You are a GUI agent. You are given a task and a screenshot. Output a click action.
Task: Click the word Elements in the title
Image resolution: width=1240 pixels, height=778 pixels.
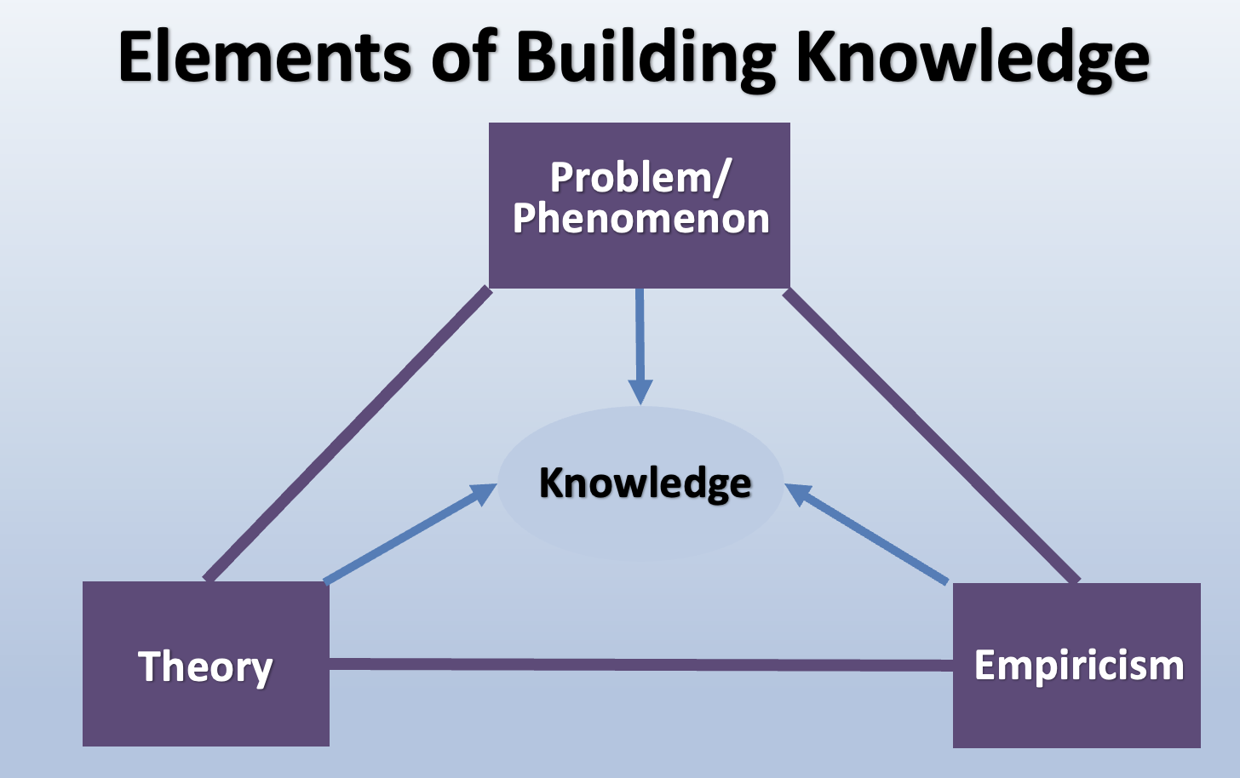click(x=265, y=57)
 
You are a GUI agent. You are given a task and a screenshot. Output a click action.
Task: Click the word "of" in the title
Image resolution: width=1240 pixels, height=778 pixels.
click(x=463, y=57)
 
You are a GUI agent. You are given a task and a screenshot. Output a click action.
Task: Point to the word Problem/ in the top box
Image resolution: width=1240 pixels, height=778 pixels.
click(x=640, y=177)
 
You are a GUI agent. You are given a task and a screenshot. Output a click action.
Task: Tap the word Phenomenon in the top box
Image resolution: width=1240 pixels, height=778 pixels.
click(x=640, y=219)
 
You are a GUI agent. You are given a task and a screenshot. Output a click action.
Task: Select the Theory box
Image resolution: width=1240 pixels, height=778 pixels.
click(x=205, y=715)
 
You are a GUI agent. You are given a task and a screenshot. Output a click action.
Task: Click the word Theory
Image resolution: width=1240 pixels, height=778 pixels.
click(x=205, y=666)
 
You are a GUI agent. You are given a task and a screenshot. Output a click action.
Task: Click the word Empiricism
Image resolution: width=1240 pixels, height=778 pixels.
click(x=1079, y=665)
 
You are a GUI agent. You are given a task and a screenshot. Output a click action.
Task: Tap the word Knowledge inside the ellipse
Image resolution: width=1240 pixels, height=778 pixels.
click(x=645, y=483)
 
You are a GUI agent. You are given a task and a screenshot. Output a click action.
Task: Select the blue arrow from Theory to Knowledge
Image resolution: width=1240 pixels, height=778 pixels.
click(x=400, y=540)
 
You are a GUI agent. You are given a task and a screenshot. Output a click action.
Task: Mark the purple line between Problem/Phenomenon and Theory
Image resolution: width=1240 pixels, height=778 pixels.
click(x=347, y=434)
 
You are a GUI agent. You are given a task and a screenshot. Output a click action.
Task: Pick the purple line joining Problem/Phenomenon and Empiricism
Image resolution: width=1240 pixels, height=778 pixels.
click(x=932, y=436)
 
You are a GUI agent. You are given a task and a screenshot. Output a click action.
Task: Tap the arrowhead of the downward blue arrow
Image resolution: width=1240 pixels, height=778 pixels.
click(x=640, y=392)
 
